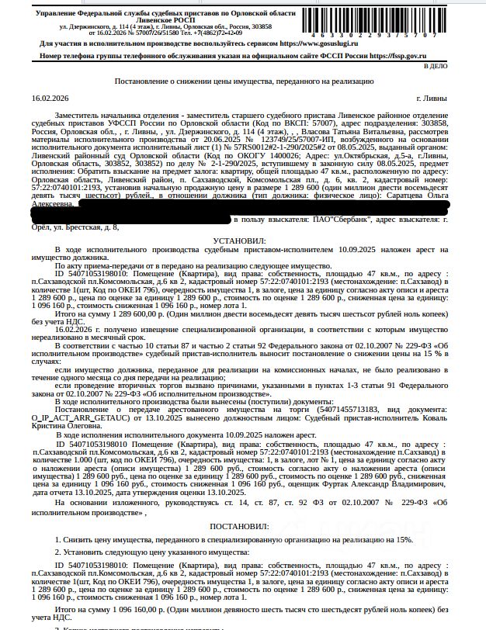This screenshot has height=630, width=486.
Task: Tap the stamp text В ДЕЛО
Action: coord(460,66)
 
